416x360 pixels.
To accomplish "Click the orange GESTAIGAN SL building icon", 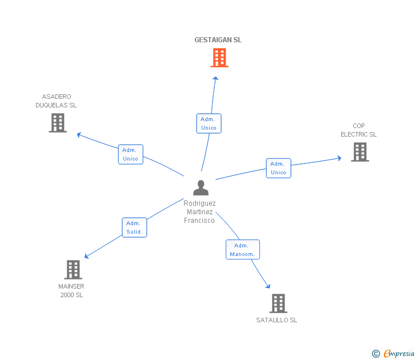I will [219, 58].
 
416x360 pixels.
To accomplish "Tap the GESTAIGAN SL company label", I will [218, 40].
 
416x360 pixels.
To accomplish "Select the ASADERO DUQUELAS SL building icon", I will [58, 123].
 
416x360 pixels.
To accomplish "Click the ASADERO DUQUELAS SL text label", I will [56, 101].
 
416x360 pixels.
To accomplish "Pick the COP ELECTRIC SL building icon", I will [359, 152].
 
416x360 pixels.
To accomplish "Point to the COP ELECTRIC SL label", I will [359, 130].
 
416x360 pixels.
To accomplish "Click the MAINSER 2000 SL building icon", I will [73, 270].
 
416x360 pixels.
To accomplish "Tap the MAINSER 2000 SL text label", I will [71, 290].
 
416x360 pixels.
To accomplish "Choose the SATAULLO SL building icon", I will [278, 303].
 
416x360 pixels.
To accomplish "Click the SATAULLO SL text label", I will [277, 320].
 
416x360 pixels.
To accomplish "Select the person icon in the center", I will [201, 188].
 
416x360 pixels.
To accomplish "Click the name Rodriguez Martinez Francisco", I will [199, 211].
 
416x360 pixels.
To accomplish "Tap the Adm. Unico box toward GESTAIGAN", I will [209, 123].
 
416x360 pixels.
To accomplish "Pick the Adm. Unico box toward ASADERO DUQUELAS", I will [130, 154].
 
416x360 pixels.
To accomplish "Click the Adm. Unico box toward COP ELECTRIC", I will [278, 168].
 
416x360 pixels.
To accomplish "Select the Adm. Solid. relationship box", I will [134, 227].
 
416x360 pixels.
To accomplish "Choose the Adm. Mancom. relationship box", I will [242, 250].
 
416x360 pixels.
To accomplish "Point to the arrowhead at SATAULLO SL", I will [268, 286].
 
